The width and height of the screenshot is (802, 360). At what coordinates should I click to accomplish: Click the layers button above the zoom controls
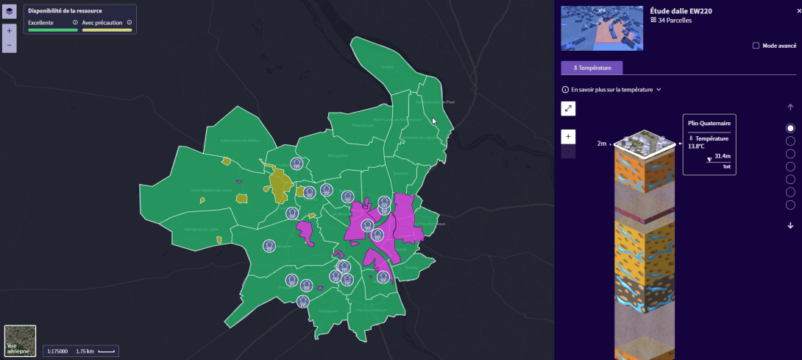pos(10,12)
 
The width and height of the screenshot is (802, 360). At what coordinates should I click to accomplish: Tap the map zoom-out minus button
pos(10,45)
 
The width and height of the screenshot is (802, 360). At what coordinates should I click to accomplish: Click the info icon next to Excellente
pos(75,23)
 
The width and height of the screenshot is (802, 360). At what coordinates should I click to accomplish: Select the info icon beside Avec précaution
pos(129,23)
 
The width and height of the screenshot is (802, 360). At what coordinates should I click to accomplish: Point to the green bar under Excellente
pos(52,30)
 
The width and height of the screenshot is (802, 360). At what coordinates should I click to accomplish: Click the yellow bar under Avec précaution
pos(107,30)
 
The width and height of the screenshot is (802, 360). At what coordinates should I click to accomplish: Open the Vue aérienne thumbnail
pos(20,341)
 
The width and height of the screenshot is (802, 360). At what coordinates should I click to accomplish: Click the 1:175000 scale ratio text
pos(58,351)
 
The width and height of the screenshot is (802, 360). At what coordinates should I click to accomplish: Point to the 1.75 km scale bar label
pos(85,351)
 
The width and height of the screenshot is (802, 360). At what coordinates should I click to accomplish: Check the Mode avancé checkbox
pos(756,46)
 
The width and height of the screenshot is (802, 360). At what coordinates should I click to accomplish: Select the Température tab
pos(592,68)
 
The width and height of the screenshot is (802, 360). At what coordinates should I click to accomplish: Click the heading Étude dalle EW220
pos(681,10)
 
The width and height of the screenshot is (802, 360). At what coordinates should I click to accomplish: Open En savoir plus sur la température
pos(611,90)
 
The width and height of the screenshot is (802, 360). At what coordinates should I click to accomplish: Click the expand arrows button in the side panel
pos(568,109)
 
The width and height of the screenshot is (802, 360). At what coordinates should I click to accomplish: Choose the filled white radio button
pos(791,128)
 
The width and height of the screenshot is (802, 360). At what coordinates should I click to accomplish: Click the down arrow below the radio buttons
pos(791,225)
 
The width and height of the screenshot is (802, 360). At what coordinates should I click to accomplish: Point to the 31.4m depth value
pos(722,157)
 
